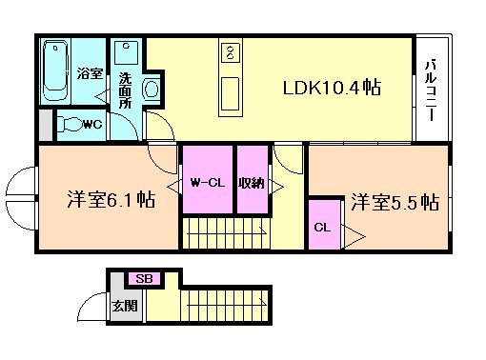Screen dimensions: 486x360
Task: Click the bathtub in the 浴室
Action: (x=55, y=70)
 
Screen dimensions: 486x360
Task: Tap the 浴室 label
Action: (x=90, y=74)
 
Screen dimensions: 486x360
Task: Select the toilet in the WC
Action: (x=71, y=125)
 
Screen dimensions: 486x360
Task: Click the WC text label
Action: (x=92, y=125)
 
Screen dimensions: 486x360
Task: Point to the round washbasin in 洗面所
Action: (x=152, y=89)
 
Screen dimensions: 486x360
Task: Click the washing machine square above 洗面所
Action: (x=126, y=52)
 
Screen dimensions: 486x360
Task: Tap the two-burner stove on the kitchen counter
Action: (x=230, y=51)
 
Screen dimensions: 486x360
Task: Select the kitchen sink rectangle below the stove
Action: (x=230, y=94)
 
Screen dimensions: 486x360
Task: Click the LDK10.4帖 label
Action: (x=332, y=88)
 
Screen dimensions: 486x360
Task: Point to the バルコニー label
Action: (x=431, y=90)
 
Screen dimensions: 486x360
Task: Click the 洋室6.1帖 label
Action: (x=111, y=200)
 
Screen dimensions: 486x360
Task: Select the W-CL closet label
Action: (x=208, y=183)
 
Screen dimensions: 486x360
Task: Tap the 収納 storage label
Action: (x=251, y=183)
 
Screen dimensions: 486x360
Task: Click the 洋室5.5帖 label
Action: (x=395, y=202)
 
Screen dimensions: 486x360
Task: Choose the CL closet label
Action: (x=322, y=228)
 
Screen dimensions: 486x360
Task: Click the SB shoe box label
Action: (x=144, y=279)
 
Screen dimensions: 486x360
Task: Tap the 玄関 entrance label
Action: (x=125, y=306)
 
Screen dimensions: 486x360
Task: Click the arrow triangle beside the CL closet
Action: (x=353, y=236)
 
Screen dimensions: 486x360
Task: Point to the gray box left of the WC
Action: (x=46, y=125)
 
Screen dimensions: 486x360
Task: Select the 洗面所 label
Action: (x=125, y=90)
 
